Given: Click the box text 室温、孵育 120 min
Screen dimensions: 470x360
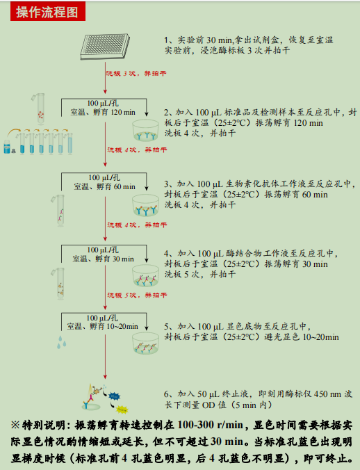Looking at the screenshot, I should point(104,113).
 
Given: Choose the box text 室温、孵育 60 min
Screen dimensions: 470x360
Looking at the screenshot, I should point(104,187).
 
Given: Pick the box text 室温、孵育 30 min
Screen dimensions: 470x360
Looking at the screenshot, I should point(104,259).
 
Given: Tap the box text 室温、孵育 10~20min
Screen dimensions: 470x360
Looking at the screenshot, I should point(104,325).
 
